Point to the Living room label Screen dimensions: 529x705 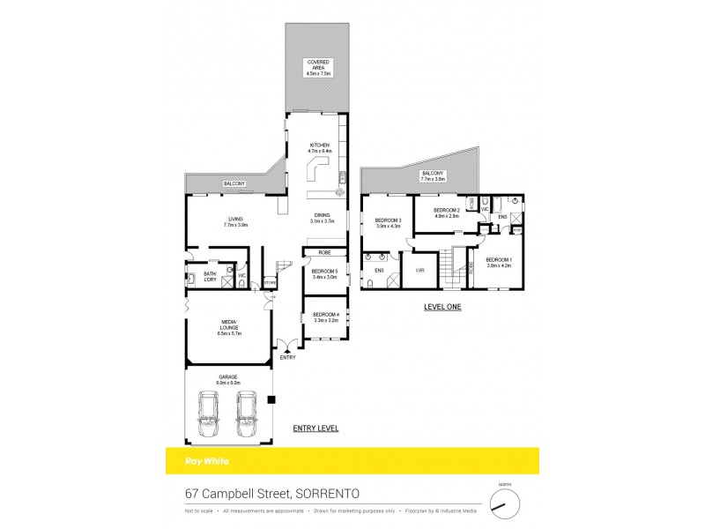(234, 221)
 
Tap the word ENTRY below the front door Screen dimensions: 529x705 (287, 357)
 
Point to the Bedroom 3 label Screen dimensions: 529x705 (388, 222)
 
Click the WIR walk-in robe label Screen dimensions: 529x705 (420, 271)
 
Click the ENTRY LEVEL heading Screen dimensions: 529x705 (315, 428)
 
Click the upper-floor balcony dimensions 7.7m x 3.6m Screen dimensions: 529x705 (433, 178)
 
